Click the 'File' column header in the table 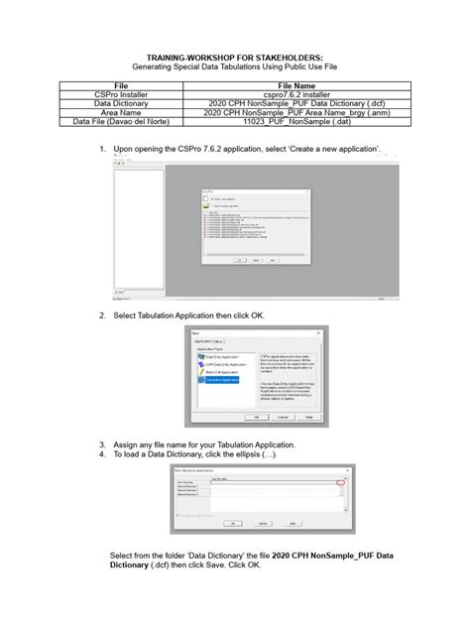(122, 86)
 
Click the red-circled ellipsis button (342, 482)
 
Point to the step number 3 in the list (102, 444)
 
